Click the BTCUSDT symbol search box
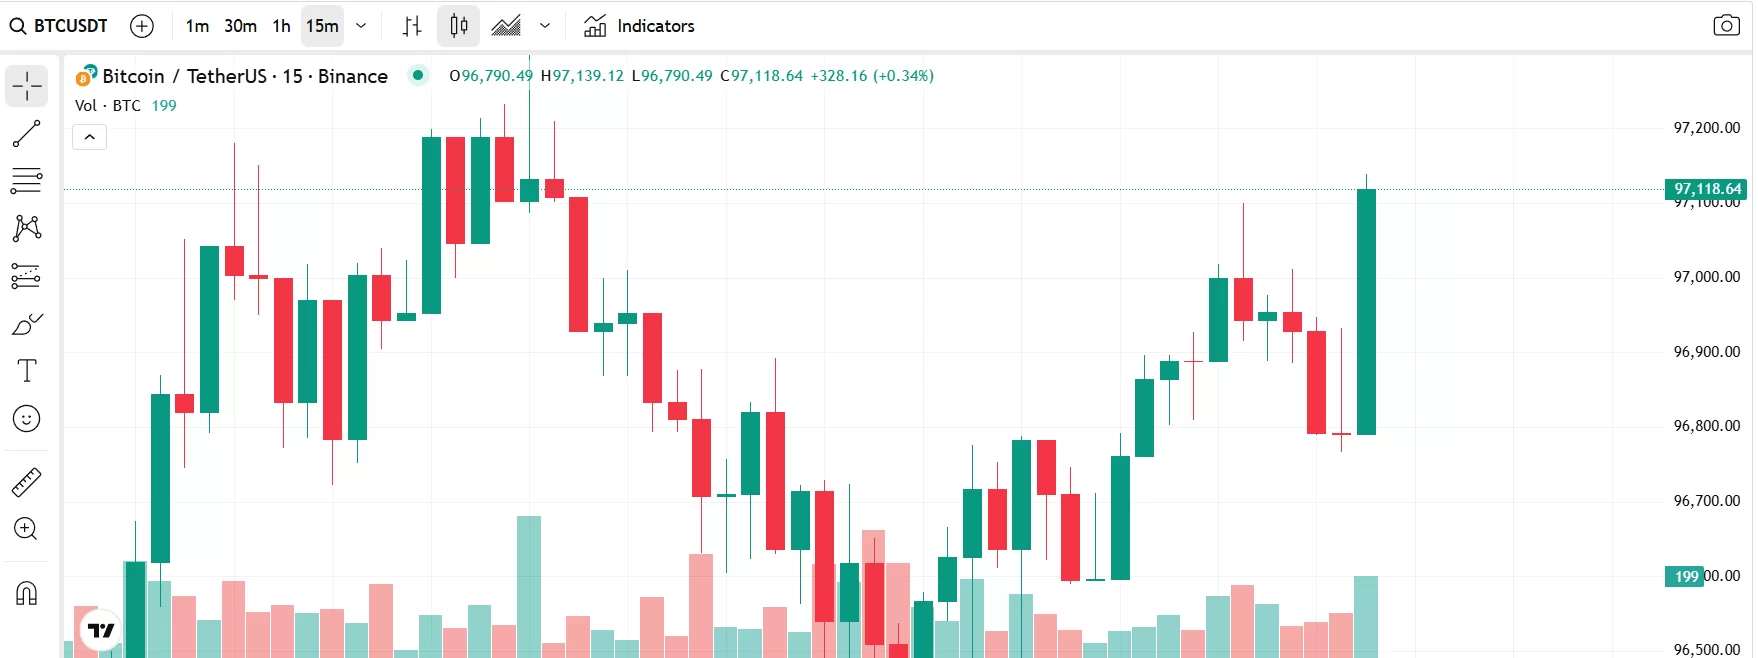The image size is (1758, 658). pyautogui.click(x=60, y=26)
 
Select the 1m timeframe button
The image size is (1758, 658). pyautogui.click(x=197, y=26)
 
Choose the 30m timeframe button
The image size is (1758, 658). pyautogui.click(x=240, y=26)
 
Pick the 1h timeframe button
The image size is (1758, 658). pyautogui.click(x=282, y=26)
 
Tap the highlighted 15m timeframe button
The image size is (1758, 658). pyautogui.click(x=322, y=26)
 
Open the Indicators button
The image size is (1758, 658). pyautogui.click(x=639, y=26)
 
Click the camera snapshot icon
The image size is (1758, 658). pyautogui.click(x=1726, y=26)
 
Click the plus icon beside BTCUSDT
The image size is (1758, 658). pyautogui.click(x=142, y=26)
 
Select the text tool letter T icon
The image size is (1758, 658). pyautogui.click(x=27, y=371)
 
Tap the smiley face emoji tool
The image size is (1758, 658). pyautogui.click(x=27, y=418)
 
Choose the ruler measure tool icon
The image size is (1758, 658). pyautogui.click(x=27, y=482)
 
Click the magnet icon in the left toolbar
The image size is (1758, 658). pyautogui.click(x=27, y=594)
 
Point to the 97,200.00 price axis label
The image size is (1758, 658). pyautogui.click(x=1706, y=128)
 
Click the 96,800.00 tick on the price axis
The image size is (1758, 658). pyautogui.click(x=1706, y=426)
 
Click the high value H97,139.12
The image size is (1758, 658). pyautogui.click(x=582, y=76)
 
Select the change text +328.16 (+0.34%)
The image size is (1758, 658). pyautogui.click(x=872, y=76)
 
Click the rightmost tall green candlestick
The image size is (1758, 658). pyautogui.click(x=1366, y=311)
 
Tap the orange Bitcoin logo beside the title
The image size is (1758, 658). pyautogui.click(x=86, y=76)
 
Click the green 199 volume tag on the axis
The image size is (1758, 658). pyautogui.click(x=1685, y=576)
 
